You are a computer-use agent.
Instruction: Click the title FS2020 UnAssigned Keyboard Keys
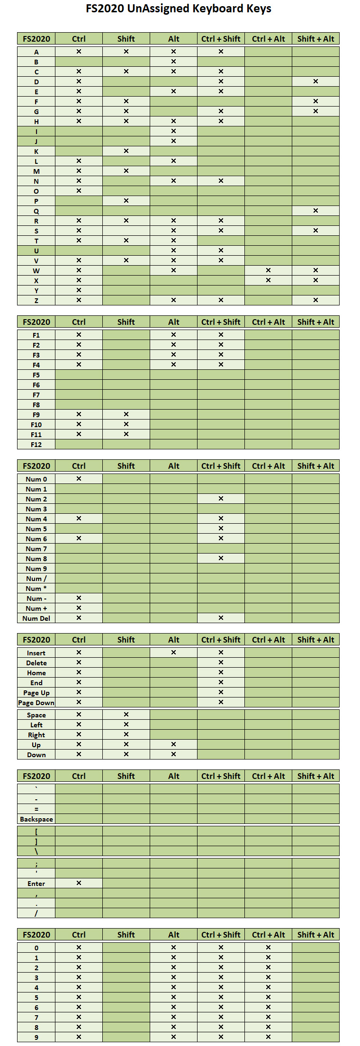[179, 9]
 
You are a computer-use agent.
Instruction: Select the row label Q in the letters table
[36, 211]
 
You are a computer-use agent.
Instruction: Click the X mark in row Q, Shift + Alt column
[315, 210]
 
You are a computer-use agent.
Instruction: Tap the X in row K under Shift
[126, 151]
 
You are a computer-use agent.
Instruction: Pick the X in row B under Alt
[173, 61]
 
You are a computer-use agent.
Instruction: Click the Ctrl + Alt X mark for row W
[268, 270]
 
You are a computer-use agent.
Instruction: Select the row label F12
[36, 445]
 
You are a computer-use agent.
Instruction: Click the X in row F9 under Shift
[126, 414]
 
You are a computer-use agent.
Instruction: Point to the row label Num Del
[36, 618]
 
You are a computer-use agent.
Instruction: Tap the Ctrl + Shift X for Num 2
[221, 498]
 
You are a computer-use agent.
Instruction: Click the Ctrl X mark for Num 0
[79, 478]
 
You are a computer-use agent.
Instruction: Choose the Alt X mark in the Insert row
[173, 652]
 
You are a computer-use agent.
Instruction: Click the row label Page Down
[36, 703]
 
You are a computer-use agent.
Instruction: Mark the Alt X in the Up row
[173, 744]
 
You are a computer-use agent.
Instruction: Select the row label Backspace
[36, 819]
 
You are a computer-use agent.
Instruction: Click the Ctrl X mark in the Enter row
[79, 883]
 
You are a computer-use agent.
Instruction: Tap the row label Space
[36, 715]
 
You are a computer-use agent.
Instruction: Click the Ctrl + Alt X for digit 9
[268, 1037]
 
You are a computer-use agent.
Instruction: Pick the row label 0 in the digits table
[36, 948]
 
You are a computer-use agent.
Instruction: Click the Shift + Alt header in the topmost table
[315, 39]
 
